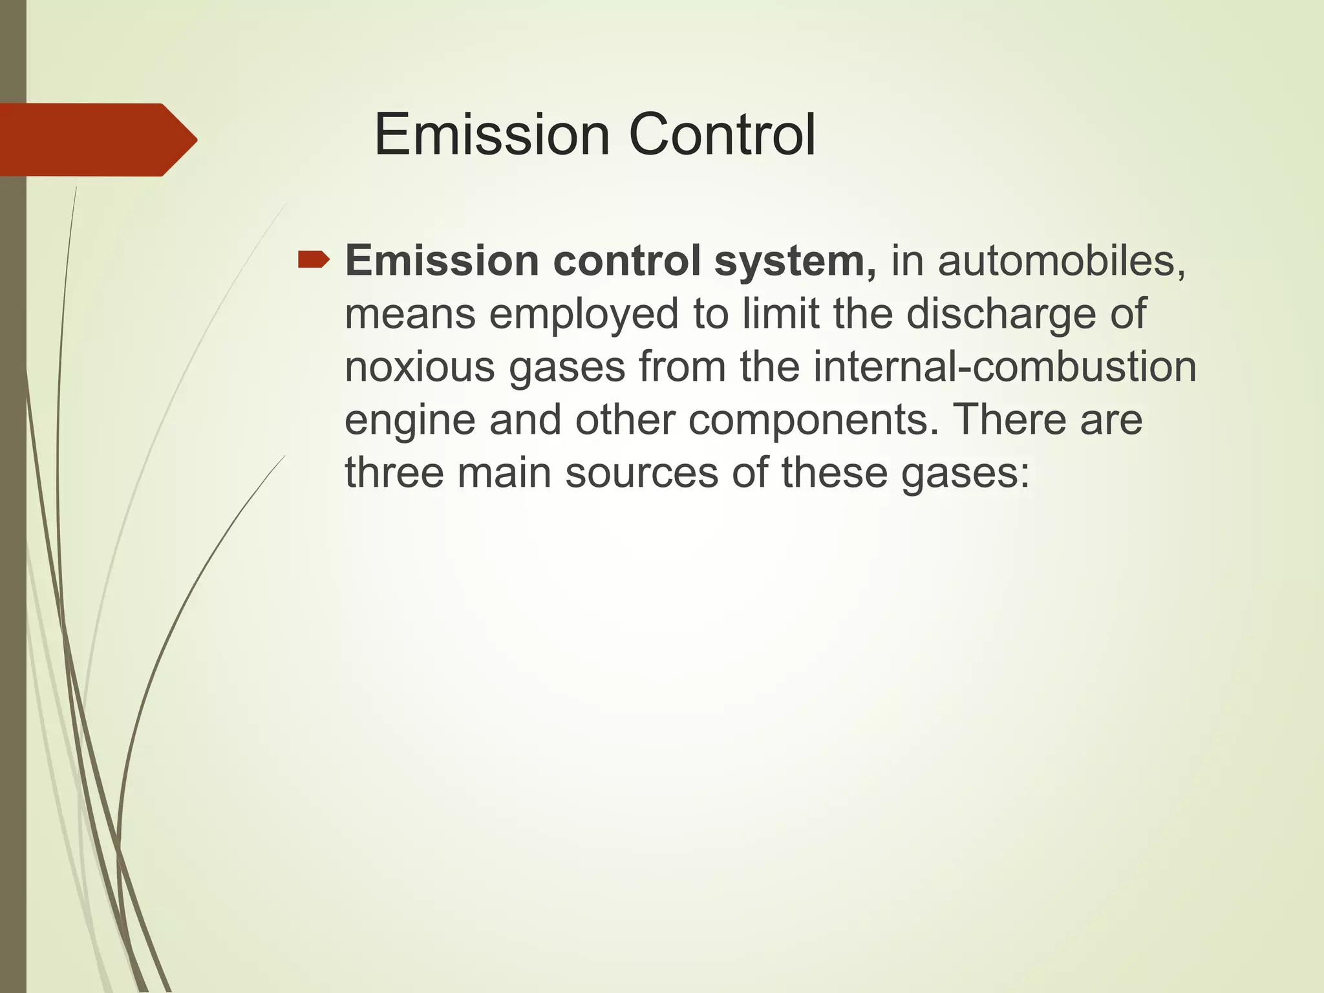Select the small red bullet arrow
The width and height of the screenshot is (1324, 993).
(314, 261)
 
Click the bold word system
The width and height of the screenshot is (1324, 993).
(795, 262)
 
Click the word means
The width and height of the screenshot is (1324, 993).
(410, 315)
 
